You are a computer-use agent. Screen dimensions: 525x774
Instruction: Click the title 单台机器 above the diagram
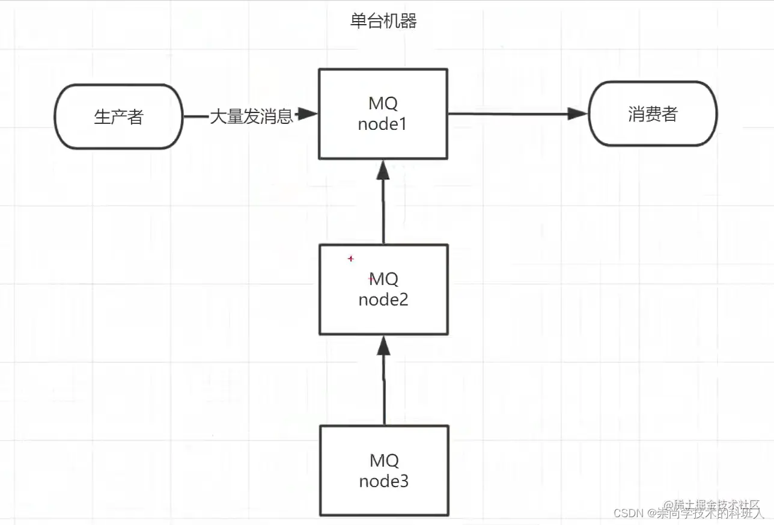[383, 22]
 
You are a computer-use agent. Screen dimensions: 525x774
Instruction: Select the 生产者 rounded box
[119, 116]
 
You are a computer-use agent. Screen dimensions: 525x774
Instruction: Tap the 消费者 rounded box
[653, 114]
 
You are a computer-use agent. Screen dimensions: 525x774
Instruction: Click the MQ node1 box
[383, 114]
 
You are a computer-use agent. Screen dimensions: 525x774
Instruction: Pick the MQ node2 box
[383, 289]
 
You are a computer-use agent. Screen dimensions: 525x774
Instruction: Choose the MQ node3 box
[383, 471]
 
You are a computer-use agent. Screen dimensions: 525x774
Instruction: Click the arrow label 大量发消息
[251, 116]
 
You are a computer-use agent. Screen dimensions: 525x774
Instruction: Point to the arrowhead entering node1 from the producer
[308, 114]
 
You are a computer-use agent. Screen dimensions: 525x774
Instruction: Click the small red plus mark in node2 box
[351, 259]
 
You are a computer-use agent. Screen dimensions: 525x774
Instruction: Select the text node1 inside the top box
[383, 124]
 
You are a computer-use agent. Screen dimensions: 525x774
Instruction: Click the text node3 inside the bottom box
[383, 482]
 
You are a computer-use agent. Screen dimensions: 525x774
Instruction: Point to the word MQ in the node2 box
[383, 279]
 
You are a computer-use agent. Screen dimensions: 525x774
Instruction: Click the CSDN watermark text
[629, 513]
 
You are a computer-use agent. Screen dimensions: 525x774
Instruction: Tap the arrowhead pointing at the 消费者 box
[577, 114]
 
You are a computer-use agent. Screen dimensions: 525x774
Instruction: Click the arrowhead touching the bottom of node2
[383, 345]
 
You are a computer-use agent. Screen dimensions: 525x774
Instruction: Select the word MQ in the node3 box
[383, 461]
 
